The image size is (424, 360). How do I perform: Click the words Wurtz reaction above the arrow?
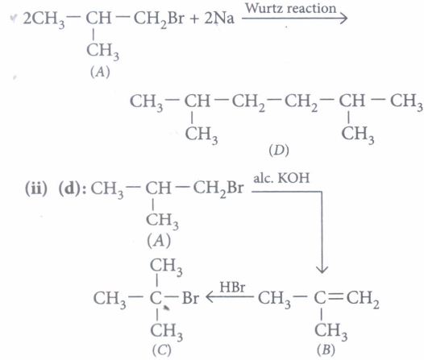point(291,8)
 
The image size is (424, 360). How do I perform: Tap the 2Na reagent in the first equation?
point(219,19)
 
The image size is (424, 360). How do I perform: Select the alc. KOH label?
point(281,178)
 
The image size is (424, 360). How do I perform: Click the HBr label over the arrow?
point(232,287)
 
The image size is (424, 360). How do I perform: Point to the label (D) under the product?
point(279,151)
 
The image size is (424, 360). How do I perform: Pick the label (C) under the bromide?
point(162,350)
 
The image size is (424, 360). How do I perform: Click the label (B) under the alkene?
point(326,350)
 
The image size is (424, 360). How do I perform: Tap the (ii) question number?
point(36,188)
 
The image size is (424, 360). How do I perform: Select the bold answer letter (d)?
point(70,188)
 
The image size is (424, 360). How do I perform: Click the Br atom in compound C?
point(190,298)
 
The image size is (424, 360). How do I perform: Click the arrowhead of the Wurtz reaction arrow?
point(343,19)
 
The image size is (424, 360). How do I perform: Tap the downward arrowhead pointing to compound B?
point(322,269)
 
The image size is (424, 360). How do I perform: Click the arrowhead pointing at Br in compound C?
point(210,297)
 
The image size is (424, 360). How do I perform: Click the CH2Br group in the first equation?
point(159,19)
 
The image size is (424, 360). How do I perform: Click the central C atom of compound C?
point(156,298)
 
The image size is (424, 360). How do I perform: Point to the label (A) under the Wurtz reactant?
point(100,72)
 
